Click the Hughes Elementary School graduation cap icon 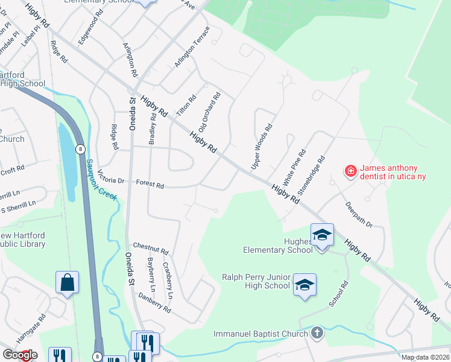[x=322, y=235]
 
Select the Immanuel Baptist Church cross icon [x=317, y=332]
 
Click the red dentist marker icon [x=350, y=172]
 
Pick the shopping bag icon [x=67, y=283]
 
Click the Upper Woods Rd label [x=262, y=147]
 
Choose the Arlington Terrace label [x=192, y=47]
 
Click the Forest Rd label [x=150, y=185]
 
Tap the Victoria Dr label [x=110, y=180]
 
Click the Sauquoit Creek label [x=101, y=179]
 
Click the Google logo [x=19, y=354]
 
